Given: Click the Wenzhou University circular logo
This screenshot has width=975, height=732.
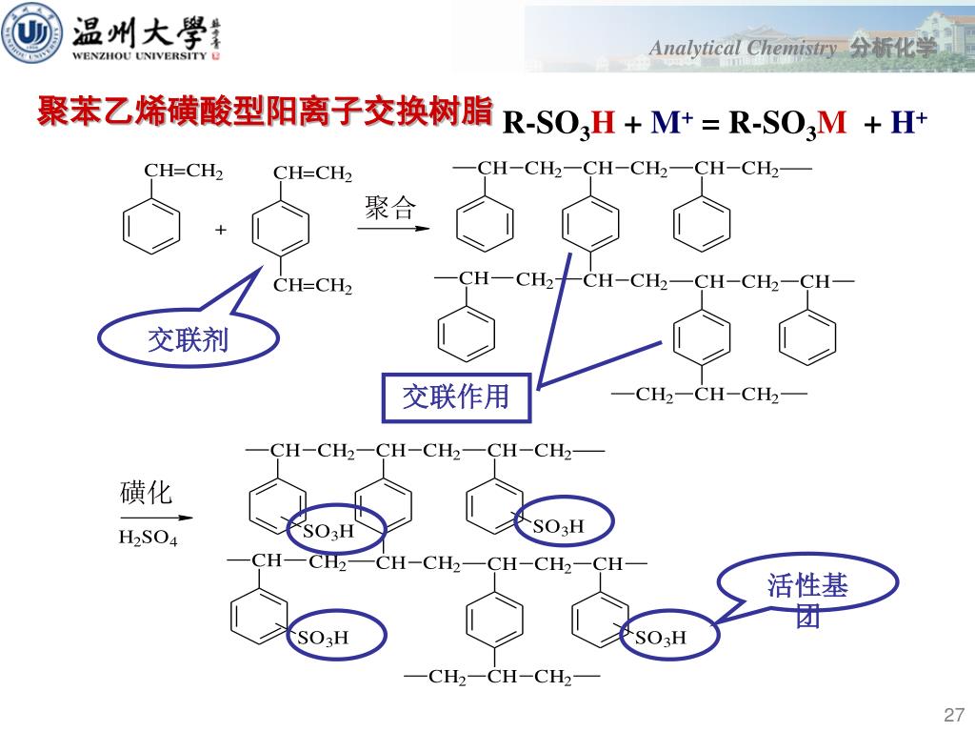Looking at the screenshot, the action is pyautogui.click(x=32, y=34).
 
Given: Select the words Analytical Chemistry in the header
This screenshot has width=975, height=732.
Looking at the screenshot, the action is pyautogui.click(x=744, y=49).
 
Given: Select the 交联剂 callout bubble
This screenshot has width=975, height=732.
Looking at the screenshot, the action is pyautogui.click(x=189, y=338).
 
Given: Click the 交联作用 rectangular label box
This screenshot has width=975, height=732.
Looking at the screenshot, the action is pyautogui.click(x=455, y=396).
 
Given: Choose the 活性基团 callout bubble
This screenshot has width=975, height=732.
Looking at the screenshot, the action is pyautogui.click(x=807, y=594).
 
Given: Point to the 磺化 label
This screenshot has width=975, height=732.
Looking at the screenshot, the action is pyautogui.click(x=146, y=493).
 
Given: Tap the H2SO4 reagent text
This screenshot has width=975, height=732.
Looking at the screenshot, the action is pyautogui.click(x=148, y=539).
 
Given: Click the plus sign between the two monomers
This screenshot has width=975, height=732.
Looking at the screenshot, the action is pyautogui.click(x=221, y=231).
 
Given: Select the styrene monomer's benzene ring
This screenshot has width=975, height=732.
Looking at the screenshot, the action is pyautogui.click(x=152, y=225).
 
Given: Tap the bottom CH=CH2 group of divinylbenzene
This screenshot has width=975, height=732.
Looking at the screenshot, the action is pyautogui.click(x=312, y=286).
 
